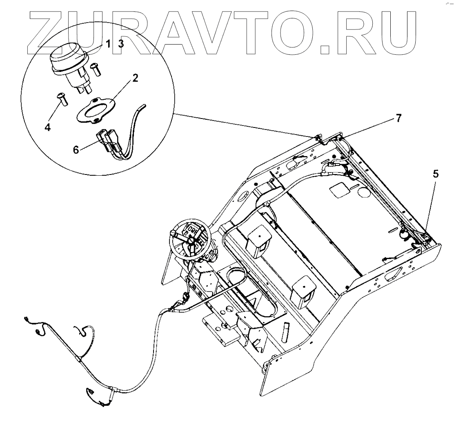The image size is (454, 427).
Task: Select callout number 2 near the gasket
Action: tap(135, 78)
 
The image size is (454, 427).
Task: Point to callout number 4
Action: tap(48, 127)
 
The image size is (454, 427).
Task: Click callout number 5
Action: tap(436, 174)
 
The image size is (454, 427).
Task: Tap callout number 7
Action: tap(398, 118)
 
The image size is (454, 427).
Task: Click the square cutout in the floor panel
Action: tap(339, 188)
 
